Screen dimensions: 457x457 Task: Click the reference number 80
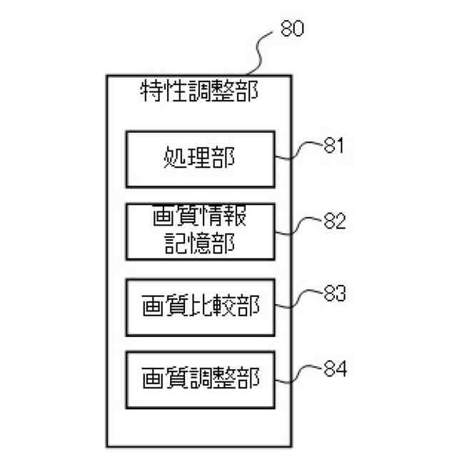click(291, 29)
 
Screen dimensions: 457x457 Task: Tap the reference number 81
click(333, 146)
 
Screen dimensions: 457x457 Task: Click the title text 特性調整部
click(199, 91)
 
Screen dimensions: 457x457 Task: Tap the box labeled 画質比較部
click(199, 308)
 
